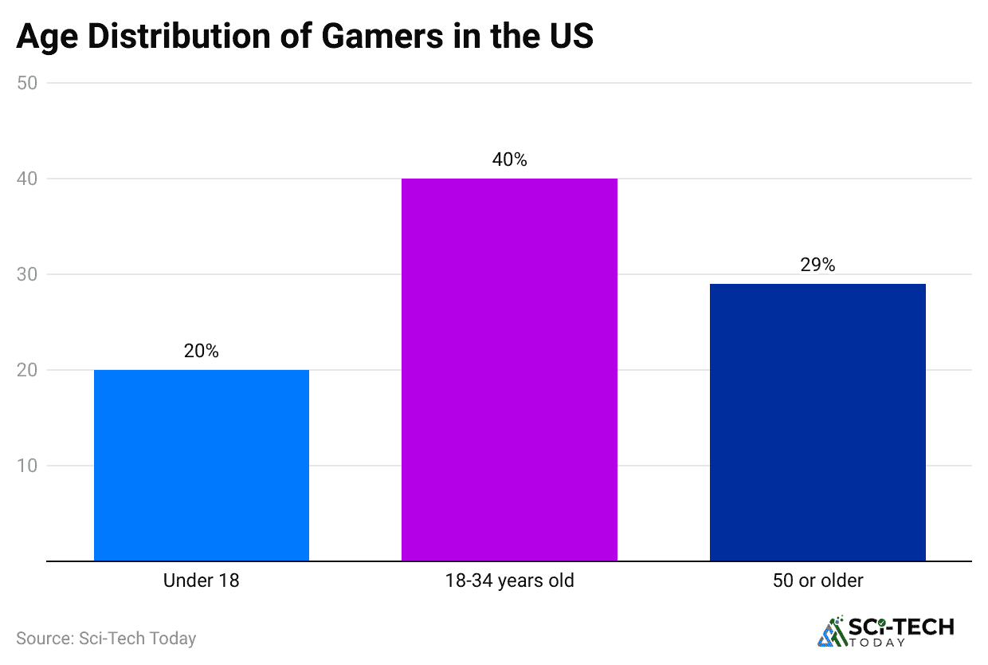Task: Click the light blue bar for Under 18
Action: (x=202, y=465)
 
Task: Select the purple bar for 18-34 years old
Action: (x=509, y=369)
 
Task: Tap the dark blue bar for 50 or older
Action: (x=817, y=422)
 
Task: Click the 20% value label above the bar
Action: (x=202, y=351)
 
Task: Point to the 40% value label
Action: (x=509, y=159)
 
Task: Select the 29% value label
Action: (x=817, y=265)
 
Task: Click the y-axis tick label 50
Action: (x=28, y=83)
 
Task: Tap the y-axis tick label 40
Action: (x=28, y=179)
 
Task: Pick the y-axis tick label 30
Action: (x=28, y=274)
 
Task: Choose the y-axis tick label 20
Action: (x=28, y=370)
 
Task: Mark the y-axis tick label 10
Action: (x=28, y=466)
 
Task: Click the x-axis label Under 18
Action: (x=202, y=580)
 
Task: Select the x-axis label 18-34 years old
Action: (x=509, y=580)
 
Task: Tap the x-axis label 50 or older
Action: (x=817, y=580)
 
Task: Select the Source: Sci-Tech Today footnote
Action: (x=106, y=638)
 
